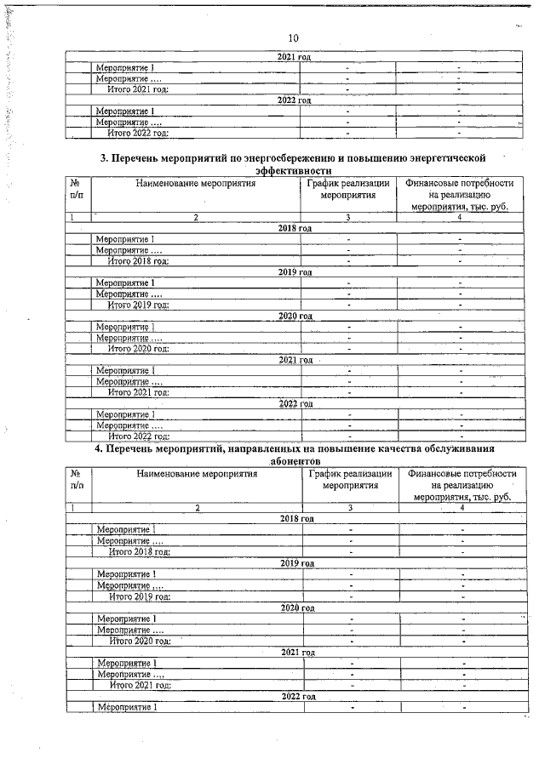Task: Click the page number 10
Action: (293, 38)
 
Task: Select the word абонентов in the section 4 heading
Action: (295, 460)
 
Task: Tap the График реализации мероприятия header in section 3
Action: (348, 189)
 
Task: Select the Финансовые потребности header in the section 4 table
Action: (462, 475)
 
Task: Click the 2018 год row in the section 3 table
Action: (295, 228)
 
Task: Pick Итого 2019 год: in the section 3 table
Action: (138, 304)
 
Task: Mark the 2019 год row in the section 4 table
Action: (297, 563)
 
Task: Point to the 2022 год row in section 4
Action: (297, 696)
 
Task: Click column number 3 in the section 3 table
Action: (347, 218)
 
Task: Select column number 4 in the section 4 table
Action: (462, 508)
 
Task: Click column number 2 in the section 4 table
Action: (198, 508)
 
